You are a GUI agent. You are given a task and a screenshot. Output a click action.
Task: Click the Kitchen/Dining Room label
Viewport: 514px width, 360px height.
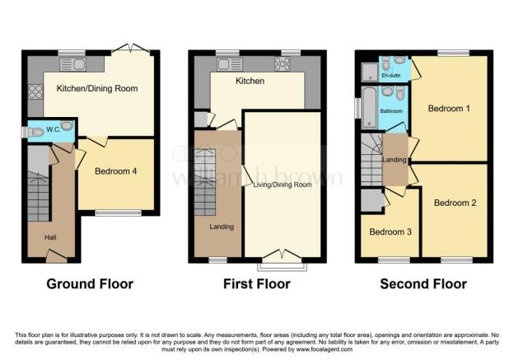pos(91,87)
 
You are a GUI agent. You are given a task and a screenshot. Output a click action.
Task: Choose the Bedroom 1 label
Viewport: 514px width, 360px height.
pos(451,108)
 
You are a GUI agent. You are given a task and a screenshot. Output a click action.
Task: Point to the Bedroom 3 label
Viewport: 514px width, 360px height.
pos(390,231)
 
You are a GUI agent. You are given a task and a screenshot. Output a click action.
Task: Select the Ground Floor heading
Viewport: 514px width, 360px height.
pos(90,283)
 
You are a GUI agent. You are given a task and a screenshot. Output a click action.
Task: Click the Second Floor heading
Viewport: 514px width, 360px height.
pos(423,283)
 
